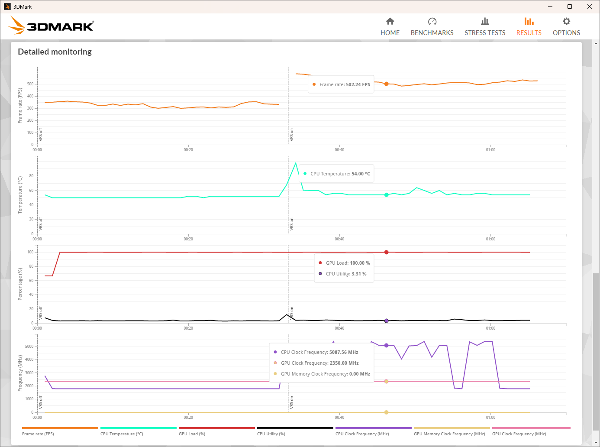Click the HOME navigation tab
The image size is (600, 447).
[390, 27]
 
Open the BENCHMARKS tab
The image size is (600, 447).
[432, 27]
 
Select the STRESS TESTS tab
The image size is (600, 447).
[485, 27]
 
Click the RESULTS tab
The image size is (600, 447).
[529, 27]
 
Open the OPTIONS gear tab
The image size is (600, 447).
[566, 27]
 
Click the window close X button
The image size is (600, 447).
[589, 6]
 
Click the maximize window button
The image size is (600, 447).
[570, 6]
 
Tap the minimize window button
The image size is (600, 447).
[550, 6]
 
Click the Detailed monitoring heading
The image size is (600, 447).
[55, 52]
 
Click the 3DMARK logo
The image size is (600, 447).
[51, 26]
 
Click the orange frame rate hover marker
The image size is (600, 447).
[387, 84]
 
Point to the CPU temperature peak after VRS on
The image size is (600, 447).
[296, 163]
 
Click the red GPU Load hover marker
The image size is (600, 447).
[387, 252]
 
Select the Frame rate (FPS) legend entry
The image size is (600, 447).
[38, 434]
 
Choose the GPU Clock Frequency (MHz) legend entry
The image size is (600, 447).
[519, 434]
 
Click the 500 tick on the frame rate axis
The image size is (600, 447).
[30, 84]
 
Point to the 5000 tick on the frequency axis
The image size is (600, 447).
[29, 347]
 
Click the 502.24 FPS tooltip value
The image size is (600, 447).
[358, 84]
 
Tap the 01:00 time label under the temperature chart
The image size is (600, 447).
[490, 239]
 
